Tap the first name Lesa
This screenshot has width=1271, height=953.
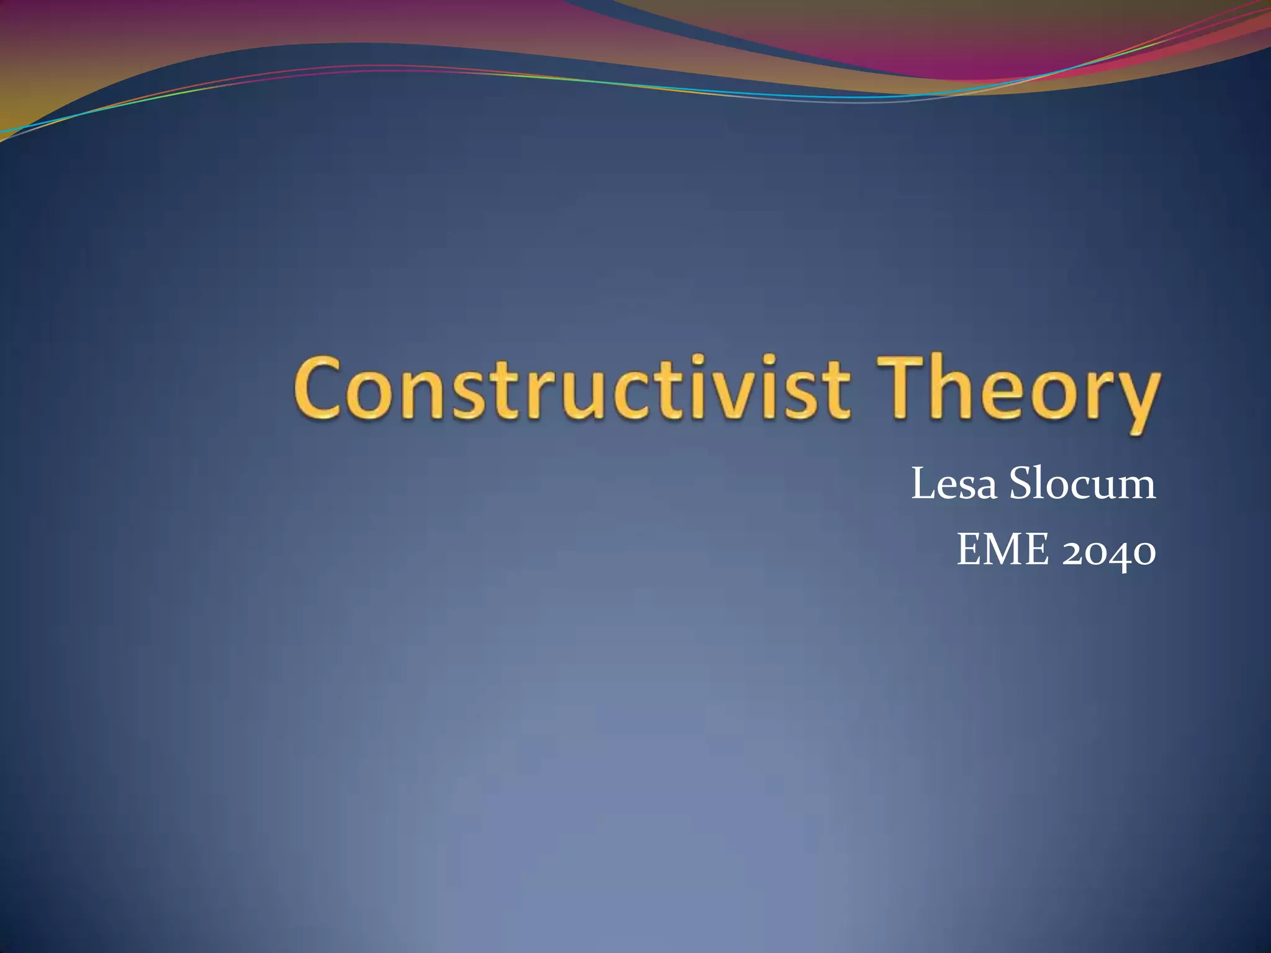click(954, 484)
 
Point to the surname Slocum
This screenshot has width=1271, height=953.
click(1082, 484)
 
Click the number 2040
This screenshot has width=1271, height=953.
click(1109, 551)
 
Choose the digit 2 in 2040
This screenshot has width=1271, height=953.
click(1074, 551)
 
